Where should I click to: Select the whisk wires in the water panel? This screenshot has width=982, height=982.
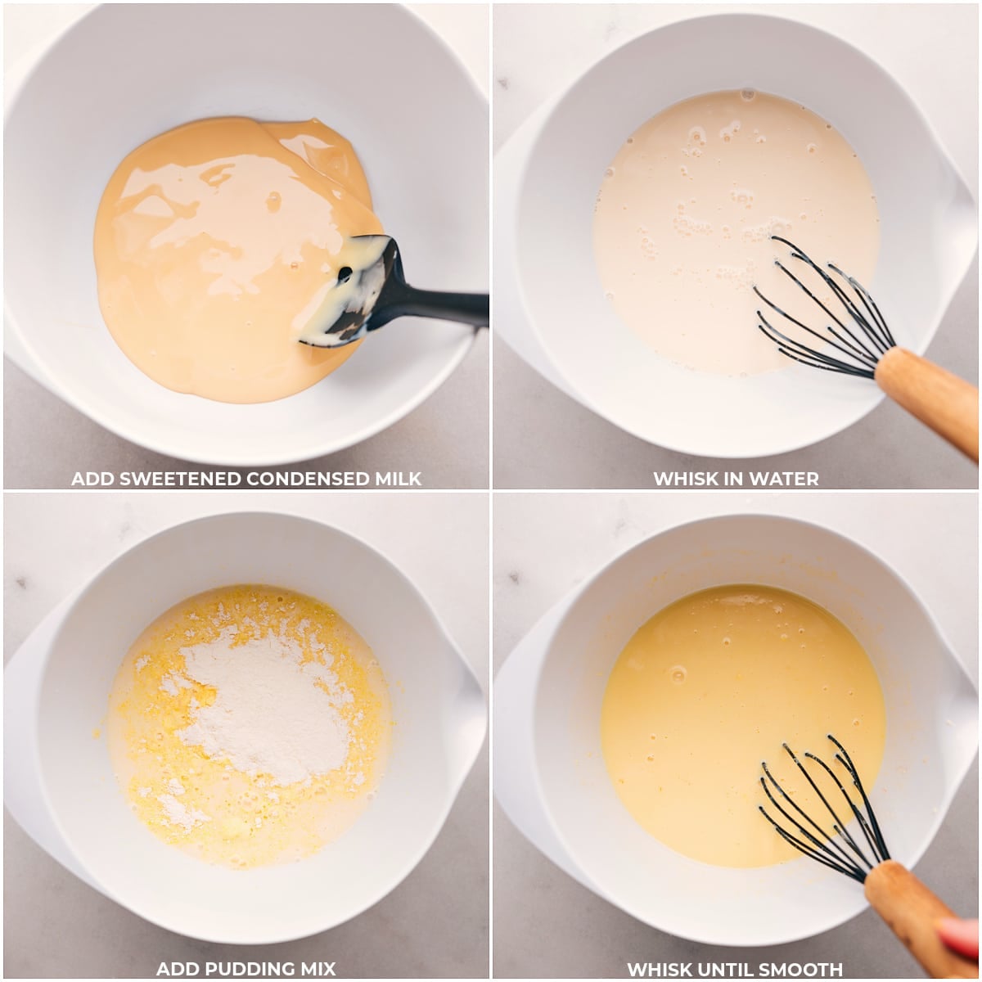[818, 315]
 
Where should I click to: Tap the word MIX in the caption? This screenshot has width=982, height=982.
[315, 969]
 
